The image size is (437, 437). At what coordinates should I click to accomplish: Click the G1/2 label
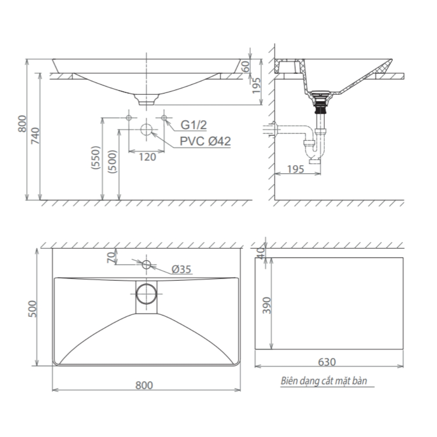pyautogui.click(x=194, y=126)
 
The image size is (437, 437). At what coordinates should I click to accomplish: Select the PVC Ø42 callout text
pyautogui.click(x=205, y=142)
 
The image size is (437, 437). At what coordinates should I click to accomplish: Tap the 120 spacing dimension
pyautogui.click(x=147, y=157)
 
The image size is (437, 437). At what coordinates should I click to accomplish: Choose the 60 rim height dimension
pyautogui.click(x=245, y=66)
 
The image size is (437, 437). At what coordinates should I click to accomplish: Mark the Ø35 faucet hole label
pyautogui.click(x=181, y=270)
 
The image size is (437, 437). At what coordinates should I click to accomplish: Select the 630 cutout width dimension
pyautogui.click(x=327, y=362)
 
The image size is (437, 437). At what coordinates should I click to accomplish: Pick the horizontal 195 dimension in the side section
pyautogui.click(x=296, y=169)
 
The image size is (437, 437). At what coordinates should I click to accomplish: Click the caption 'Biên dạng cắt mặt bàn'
pyautogui.click(x=323, y=381)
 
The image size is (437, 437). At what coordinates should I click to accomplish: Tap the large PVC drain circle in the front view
pyautogui.click(x=146, y=130)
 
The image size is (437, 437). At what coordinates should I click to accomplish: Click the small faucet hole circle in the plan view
pyautogui.click(x=146, y=264)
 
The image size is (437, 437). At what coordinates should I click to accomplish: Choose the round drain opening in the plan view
pyautogui.click(x=146, y=293)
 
